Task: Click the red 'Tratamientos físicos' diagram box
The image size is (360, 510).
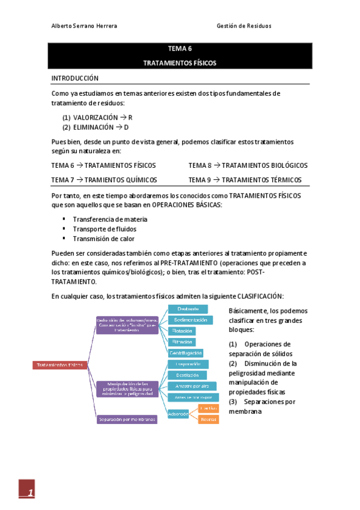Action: pos(59,365)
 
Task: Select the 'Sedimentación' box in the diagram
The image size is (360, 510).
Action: pos(190,321)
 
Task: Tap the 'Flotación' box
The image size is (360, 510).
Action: pos(182,331)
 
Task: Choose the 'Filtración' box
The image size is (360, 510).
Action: pos(182,342)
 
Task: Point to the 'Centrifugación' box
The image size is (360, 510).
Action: pos(186,352)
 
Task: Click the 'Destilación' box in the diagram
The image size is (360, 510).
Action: pos(188,375)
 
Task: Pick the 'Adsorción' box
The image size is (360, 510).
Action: pos(178,414)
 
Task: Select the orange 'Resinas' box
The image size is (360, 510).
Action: pos(209,419)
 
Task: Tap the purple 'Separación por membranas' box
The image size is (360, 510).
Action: pos(127,419)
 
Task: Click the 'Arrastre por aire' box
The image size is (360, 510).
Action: pos(188,386)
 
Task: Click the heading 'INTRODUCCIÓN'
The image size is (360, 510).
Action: pos(75,78)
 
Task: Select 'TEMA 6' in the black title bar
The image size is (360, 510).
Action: pos(180,50)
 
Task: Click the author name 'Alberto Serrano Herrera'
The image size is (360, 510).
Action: pos(84,26)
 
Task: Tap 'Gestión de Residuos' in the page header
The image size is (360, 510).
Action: pos(243,26)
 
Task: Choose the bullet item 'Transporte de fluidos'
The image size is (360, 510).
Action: pos(104,229)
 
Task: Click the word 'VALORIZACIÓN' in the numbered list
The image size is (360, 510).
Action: pos(95,118)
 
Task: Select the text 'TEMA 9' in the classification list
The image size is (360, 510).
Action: pos(200,180)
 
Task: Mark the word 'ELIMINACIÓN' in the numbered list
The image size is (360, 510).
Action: pos(93,127)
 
